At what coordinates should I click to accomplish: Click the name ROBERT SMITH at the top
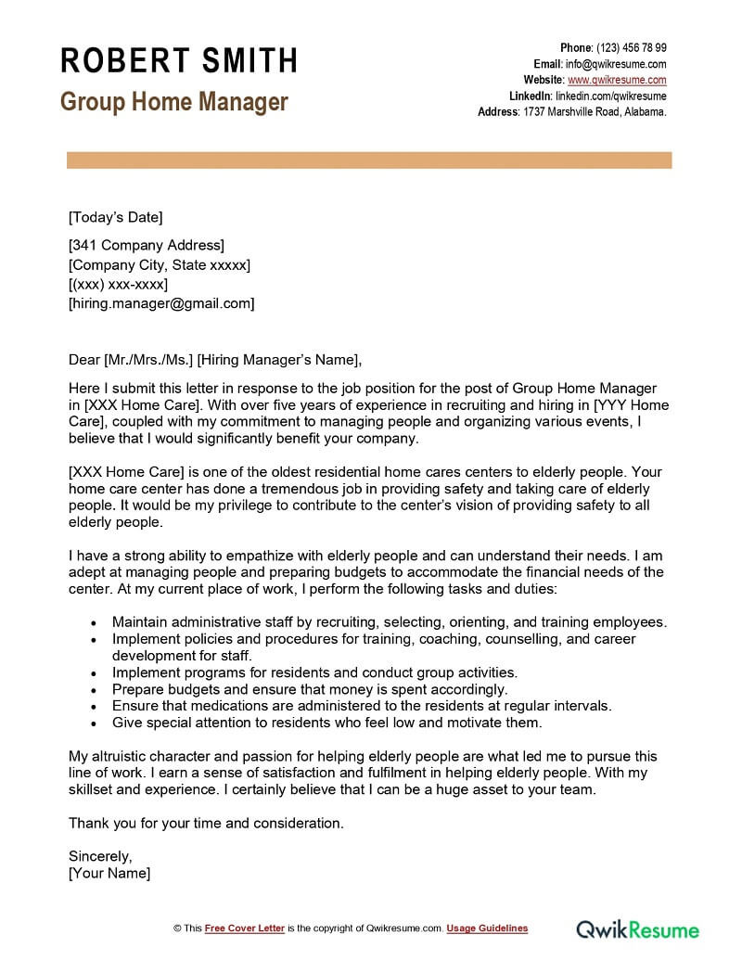tap(179, 61)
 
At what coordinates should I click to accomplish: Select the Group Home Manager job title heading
tap(174, 102)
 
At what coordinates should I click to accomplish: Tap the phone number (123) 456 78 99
tap(631, 48)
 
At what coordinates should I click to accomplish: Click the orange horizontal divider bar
tap(369, 160)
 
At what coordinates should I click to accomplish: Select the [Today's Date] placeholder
tap(115, 218)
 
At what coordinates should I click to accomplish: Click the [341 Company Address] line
tap(146, 246)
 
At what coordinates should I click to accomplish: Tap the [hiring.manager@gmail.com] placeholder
tap(161, 303)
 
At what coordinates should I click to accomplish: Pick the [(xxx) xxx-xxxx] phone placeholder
tap(125, 284)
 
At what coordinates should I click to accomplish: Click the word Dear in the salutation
tap(84, 360)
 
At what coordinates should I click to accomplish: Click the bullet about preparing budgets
tap(310, 689)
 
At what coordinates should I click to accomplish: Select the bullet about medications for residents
tap(362, 706)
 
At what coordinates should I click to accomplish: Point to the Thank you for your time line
tap(206, 823)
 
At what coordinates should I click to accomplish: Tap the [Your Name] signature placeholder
tap(109, 874)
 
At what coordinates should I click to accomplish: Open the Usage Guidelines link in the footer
tap(487, 928)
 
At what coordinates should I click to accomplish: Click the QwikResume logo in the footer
tap(638, 928)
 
